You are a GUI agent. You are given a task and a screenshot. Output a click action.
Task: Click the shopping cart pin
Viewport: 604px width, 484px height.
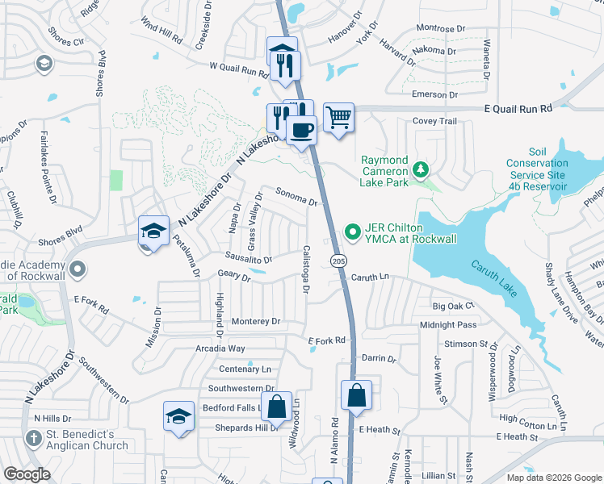[339, 118]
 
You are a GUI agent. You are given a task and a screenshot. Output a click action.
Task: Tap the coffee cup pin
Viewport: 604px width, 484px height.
[302, 130]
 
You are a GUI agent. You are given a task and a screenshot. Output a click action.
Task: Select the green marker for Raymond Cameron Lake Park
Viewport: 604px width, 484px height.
[420, 169]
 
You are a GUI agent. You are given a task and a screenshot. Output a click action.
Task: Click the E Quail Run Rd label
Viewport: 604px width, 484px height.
[518, 107]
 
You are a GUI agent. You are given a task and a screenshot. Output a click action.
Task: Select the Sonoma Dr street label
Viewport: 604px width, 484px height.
[296, 196]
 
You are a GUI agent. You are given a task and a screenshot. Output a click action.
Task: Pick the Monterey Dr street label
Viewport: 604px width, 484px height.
[255, 321]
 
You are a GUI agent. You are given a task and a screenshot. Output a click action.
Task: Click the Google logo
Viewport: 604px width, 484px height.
[27, 474]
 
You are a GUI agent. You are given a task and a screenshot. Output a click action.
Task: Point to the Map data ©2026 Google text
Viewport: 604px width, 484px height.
[554, 478]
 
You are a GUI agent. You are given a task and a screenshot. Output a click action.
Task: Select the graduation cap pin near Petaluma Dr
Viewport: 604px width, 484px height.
[153, 232]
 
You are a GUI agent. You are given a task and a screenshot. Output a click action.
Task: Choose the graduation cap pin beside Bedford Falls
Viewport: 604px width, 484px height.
[179, 416]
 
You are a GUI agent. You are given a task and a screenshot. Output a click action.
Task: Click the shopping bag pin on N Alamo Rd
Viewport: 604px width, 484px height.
[356, 396]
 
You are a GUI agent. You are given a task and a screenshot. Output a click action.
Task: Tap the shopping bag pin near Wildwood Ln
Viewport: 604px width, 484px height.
[277, 407]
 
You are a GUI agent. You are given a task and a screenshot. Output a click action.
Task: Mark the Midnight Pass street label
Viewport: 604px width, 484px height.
[448, 324]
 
